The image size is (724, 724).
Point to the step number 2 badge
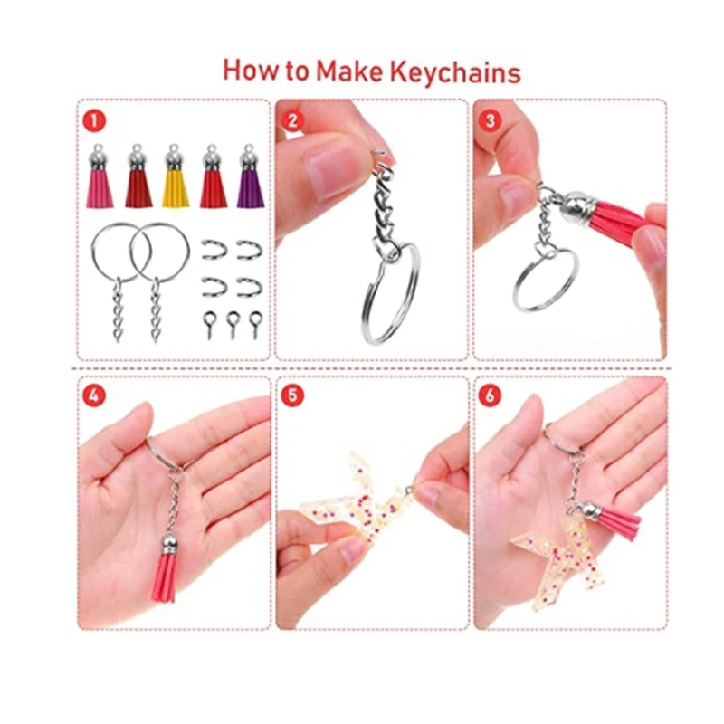[x=291, y=120]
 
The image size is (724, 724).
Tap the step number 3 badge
[x=490, y=120]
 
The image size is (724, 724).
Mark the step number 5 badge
[x=291, y=395]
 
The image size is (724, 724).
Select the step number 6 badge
[x=490, y=395]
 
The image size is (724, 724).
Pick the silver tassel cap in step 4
[x=169, y=544]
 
